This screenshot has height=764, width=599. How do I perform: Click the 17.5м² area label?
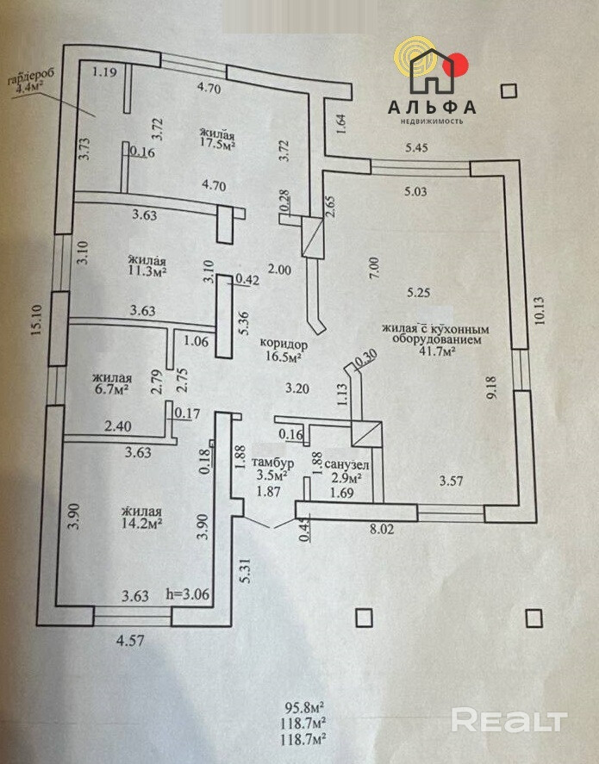(x=218, y=146)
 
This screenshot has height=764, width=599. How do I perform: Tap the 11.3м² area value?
(x=147, y=271)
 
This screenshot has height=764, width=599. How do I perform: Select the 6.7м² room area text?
(x=111, y=389)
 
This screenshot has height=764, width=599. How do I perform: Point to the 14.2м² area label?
(x=143, y=521)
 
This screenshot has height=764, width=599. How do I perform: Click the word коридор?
(x=284, y=343)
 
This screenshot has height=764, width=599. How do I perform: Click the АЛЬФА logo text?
(x=431, y=107)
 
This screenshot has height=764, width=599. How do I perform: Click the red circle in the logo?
(x=459, y=62)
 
